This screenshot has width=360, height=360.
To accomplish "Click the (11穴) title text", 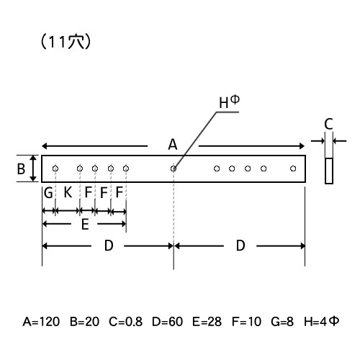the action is click(x=66, y=42).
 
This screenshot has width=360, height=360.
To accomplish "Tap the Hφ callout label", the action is click(x=229, y=102).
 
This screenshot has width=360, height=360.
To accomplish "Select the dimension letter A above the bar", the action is click(x=173, y=145).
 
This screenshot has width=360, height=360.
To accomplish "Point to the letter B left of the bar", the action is click(x=21, y=168).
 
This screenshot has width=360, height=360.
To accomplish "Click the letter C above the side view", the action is click(x=328, y=124).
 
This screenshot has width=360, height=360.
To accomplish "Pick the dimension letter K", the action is click(x=68, y=192).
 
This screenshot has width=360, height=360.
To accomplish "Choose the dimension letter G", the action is click(x=48, y=193).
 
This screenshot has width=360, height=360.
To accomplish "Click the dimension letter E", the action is click(x=85, y=225).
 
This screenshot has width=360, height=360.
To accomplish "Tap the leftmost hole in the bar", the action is click(x=55, y=168).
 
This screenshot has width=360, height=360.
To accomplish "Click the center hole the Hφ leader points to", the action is click(x=174, y=168).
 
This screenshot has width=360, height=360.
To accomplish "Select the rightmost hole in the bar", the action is click(x=293, y=168).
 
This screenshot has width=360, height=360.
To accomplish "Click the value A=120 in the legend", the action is click(x=41, y=321).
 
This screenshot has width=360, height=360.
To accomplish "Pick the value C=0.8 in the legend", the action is click(x=125, y=321).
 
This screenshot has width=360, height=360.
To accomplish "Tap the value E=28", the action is click(x=207, y=321).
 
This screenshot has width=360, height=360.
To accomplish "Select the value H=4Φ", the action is click(x=321, y=321).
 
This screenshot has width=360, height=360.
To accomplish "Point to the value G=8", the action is click(x=282, y=321).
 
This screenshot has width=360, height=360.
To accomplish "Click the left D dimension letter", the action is click(x=109, y=246).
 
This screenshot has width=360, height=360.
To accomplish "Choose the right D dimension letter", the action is click(x=240, y=246).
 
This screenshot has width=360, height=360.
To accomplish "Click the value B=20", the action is click(x=84, y=321).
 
